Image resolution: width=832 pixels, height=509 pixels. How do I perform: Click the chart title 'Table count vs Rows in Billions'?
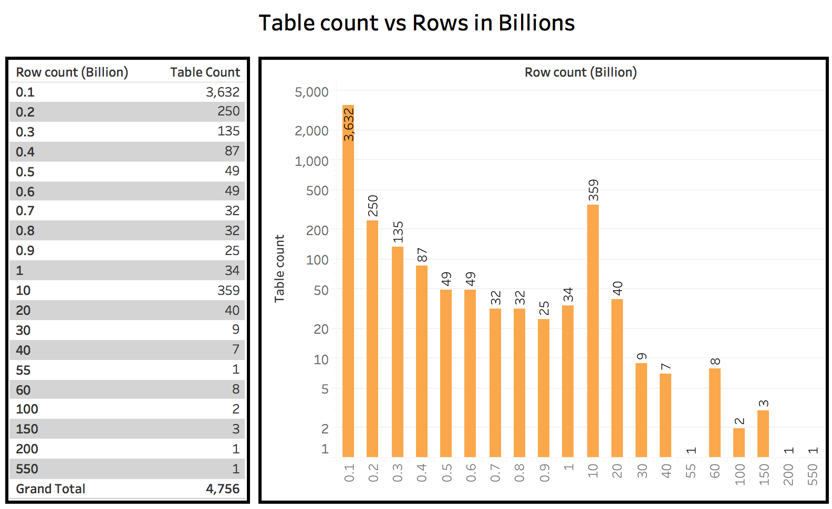pos(417,23)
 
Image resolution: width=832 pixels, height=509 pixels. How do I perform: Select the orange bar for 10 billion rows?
pos(592,331)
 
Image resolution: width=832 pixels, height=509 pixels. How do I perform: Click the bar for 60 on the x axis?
pos(714,412)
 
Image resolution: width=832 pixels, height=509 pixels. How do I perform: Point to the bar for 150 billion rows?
pos(763,433)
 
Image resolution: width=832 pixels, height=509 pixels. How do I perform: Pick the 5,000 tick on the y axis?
pos(311,92)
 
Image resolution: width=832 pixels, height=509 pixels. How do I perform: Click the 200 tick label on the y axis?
pos(317,230)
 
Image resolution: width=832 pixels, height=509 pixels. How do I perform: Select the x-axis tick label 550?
pos(813,474)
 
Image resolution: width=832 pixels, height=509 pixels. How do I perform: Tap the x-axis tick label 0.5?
pos(446,473)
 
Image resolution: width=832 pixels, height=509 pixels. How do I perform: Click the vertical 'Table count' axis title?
pos(279,268)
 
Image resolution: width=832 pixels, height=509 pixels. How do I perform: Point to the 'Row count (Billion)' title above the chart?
pos(580,72)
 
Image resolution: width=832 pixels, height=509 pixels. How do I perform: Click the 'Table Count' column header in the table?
pos(205,72)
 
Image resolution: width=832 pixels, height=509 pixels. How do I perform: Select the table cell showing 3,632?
pos(222,92)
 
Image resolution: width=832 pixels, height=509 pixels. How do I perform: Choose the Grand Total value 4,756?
pos(222,489)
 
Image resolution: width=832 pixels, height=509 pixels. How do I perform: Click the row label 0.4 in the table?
pos(25,152)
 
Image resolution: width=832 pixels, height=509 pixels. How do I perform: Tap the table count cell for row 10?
pos(228,290)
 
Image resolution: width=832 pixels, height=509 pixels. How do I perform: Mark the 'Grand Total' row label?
pos(50,489)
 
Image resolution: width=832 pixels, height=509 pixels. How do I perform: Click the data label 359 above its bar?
pos(593,190)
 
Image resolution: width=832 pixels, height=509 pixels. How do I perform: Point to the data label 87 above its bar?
pos(422,255)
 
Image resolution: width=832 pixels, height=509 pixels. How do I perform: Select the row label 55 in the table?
pos(23,370)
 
